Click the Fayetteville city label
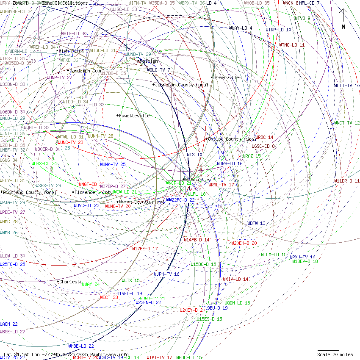(134, 116)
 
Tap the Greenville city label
(226, 78)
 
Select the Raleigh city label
(149, 61)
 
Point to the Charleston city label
(71, 281)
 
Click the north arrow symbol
(343, 19)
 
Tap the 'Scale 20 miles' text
(335, 354)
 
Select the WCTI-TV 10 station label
(347, 86)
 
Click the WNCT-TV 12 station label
(347, 123)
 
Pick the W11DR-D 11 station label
(347, 181)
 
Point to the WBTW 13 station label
(257, 223)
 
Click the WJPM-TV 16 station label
(166, 274)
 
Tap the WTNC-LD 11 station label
(292, 45)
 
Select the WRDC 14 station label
(264, 137)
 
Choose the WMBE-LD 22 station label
(81, 346)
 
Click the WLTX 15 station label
(130, 280)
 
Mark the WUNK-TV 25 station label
(113, 164)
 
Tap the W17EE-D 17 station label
(145, 249)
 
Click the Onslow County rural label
(232, 139)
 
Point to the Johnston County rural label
(182, 85)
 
